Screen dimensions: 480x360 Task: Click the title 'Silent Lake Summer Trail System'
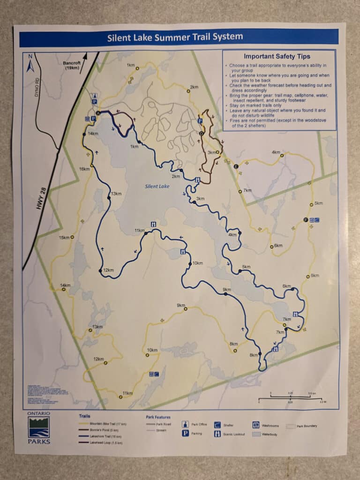click(x=175, y=37)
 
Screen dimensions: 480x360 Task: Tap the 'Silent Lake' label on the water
click(x=157, y=186)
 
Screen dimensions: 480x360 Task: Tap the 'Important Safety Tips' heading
click(x=277, y=57)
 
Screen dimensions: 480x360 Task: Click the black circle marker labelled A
click(x=98, y=113)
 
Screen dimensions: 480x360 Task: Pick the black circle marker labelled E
click(x=236, y=166)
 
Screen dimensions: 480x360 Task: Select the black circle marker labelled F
click(x=306, y=220)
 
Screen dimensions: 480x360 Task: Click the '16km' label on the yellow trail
click(x=84, y=169)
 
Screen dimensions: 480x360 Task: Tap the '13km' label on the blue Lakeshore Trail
click(x=116, y=194)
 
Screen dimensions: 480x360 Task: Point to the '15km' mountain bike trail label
click(x=64, y=238)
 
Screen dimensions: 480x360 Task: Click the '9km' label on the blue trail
click(x=227, y=289)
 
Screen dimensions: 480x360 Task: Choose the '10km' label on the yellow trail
click(x=152, y=350)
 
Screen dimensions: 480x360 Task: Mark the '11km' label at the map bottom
click(x=127, y=393)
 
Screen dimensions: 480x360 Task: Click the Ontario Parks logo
click(x=38, y=427)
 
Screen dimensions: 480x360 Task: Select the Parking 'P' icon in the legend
click(x=186, y=433)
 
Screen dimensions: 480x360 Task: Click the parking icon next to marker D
click(x=200, y=120)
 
